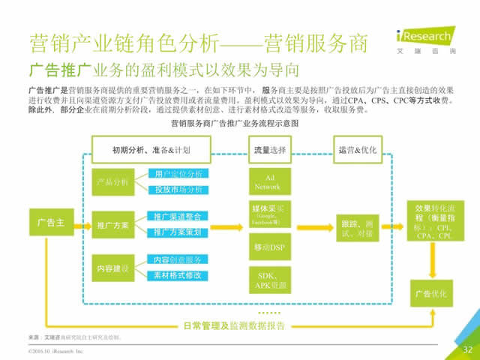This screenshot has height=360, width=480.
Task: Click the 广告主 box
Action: click(x=50, y=223)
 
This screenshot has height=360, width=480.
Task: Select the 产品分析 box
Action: click(x=113, y=182)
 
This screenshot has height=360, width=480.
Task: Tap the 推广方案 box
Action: click(x=113, y=225)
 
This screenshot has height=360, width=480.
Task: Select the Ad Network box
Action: click(x=268, y=182)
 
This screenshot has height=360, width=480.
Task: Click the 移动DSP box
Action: click(x=268, y=246)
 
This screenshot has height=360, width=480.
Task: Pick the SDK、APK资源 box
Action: click(x=268, y=280)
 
